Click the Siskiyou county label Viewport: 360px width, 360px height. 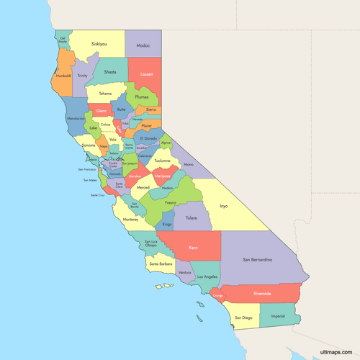pyautogui.click(x=99, y=44)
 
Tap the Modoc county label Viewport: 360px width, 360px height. pyautogui.click(x=143, y=44)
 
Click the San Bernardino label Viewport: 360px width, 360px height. pyautogui.click(x=256, y=259)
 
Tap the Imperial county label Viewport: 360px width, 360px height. pyautogui.click(x=277, y=316)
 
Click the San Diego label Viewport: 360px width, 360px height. pyautogui.click(x=243, y=318)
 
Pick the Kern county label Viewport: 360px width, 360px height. pyautogui.click(x=192, y=248)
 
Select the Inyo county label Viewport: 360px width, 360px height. pyautogui.click(x=223, y=206)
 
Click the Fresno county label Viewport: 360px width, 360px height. pyautogui.click(x=170, y=203)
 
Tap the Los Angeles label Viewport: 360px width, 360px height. pyautogui.click(x=207, y=276)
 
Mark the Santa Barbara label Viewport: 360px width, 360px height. pyautogui.click(x=161, y=264)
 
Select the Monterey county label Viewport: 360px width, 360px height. pyautogui.click(x=130, y=219)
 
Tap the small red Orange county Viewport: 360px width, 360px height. pyautogui.click(x=219, y=296)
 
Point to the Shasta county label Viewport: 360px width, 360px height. pyautogui.click(x=109, y=72)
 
